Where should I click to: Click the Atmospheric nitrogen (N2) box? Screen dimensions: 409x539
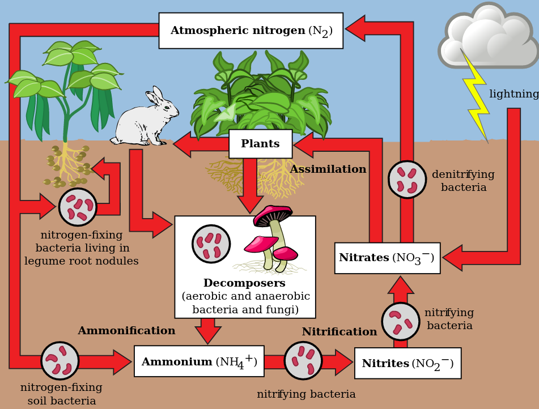251,31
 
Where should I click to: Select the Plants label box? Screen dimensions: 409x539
260,144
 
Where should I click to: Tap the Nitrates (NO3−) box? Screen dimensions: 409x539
387,258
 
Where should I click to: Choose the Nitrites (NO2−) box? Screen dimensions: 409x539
408,364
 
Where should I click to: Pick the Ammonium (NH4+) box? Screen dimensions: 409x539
199,361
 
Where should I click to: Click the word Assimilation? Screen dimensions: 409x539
328,169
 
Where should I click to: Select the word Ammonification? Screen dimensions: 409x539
126,331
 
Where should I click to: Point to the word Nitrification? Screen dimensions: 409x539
339,332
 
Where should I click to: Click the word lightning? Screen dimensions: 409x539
513,94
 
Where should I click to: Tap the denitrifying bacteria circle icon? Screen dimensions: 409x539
407,180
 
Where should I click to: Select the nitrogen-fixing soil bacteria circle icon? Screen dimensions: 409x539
60,361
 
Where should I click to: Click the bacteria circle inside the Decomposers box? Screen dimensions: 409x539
211,244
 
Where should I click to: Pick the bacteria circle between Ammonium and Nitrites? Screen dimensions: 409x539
303,361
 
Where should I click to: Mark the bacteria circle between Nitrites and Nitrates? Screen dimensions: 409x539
401,322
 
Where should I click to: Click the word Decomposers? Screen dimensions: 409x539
244,283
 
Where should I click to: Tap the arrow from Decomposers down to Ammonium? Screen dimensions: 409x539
208,330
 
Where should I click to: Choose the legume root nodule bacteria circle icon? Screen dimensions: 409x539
78,207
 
